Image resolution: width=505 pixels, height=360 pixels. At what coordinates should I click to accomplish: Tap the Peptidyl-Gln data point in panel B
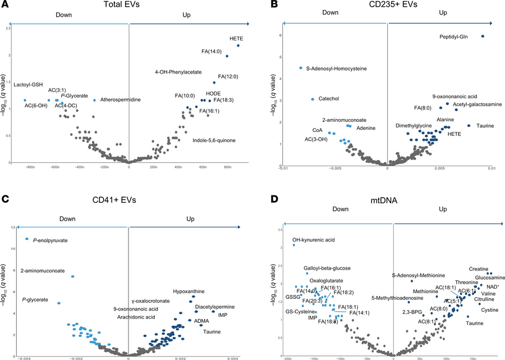(483, 37)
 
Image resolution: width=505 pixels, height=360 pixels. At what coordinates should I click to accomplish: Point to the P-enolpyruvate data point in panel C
(26, 239)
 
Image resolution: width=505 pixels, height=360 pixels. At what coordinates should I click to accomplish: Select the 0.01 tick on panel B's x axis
(491, 167)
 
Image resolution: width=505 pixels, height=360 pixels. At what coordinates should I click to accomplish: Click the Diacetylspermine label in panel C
(212, 307)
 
